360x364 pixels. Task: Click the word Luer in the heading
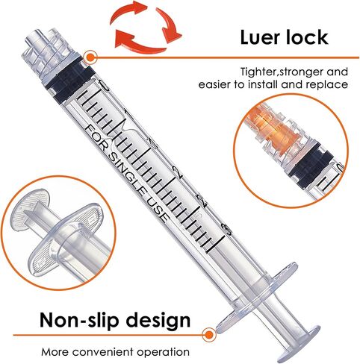260,37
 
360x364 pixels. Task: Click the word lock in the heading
307,37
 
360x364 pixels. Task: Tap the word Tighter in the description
258,72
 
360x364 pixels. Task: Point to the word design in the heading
158,321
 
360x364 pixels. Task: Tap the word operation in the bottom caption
164,353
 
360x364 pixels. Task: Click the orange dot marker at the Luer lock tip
91,57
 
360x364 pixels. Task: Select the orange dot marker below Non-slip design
209,335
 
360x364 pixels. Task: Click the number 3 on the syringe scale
226,230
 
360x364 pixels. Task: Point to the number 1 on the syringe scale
128,115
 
